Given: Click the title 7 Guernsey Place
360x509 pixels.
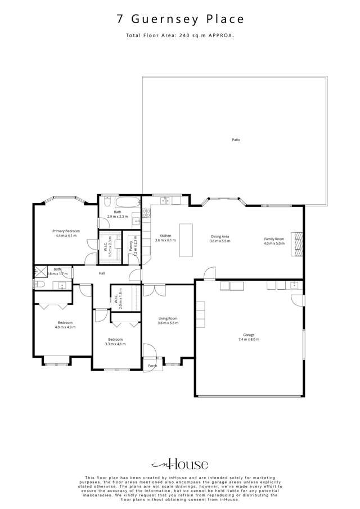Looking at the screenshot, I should tap(180, 19).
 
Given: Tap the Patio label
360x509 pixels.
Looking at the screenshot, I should tap(236, 139).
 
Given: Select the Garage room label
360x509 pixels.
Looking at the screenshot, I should tap(249, 335).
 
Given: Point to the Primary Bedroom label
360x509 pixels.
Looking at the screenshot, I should tap(66, 231).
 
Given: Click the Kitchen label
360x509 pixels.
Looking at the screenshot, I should tap(165, 236).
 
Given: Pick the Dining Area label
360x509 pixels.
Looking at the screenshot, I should tap(219, 236).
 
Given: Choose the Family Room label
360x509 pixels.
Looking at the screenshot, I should tap(274, 239).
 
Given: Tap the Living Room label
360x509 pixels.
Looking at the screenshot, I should tap(168, 318).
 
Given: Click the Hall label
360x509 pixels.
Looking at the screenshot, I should tap(102, 273).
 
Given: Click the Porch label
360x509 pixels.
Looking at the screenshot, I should tap(152, 366).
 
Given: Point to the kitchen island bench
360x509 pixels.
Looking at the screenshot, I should tap(186, 240).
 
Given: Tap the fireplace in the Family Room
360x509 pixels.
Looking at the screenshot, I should tap(296, 244).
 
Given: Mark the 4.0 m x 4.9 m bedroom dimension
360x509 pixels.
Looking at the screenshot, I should tap(65, 327).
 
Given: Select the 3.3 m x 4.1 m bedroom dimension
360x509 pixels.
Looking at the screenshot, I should tap(116, 344).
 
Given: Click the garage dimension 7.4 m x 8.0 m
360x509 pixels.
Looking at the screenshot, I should tap(249, 340).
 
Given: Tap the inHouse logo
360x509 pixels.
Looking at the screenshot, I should tap(180, 464).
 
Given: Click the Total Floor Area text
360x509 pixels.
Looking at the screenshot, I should tap(180, 35).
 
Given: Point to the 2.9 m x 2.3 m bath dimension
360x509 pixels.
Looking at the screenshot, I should tap(118, 217).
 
